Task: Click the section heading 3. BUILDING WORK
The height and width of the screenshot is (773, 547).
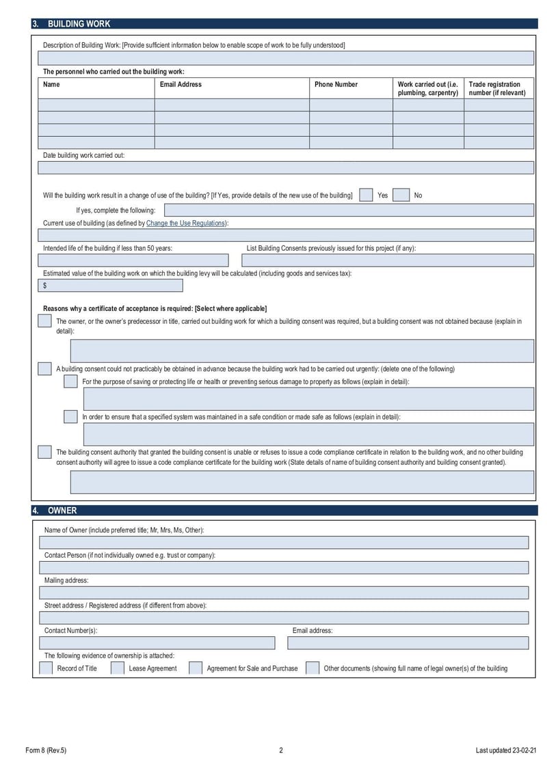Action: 75,24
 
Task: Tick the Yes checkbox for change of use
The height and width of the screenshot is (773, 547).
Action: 366,195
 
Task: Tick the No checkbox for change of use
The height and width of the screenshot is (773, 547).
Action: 401,195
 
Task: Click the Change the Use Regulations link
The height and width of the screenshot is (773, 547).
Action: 186,223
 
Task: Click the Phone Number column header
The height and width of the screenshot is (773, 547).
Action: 336,85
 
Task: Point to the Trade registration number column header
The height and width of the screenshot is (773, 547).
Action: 498,89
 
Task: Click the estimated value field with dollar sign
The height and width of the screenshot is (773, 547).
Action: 113,286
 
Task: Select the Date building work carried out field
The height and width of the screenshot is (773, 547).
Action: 286,168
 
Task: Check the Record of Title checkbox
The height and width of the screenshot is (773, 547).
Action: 46,668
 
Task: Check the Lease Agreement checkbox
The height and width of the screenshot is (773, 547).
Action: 118,668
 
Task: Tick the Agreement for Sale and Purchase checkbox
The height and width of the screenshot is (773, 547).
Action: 196,668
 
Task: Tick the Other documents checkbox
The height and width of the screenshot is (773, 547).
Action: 312,668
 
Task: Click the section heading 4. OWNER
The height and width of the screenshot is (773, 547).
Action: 62,511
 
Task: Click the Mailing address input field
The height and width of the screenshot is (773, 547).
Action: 284,593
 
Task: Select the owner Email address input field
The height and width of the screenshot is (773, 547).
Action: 408,643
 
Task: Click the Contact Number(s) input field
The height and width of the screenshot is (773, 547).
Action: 157,643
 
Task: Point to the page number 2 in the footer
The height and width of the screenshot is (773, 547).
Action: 281,750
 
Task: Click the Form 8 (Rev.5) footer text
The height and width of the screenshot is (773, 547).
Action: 45,750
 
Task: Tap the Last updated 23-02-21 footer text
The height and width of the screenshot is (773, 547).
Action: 506,750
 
